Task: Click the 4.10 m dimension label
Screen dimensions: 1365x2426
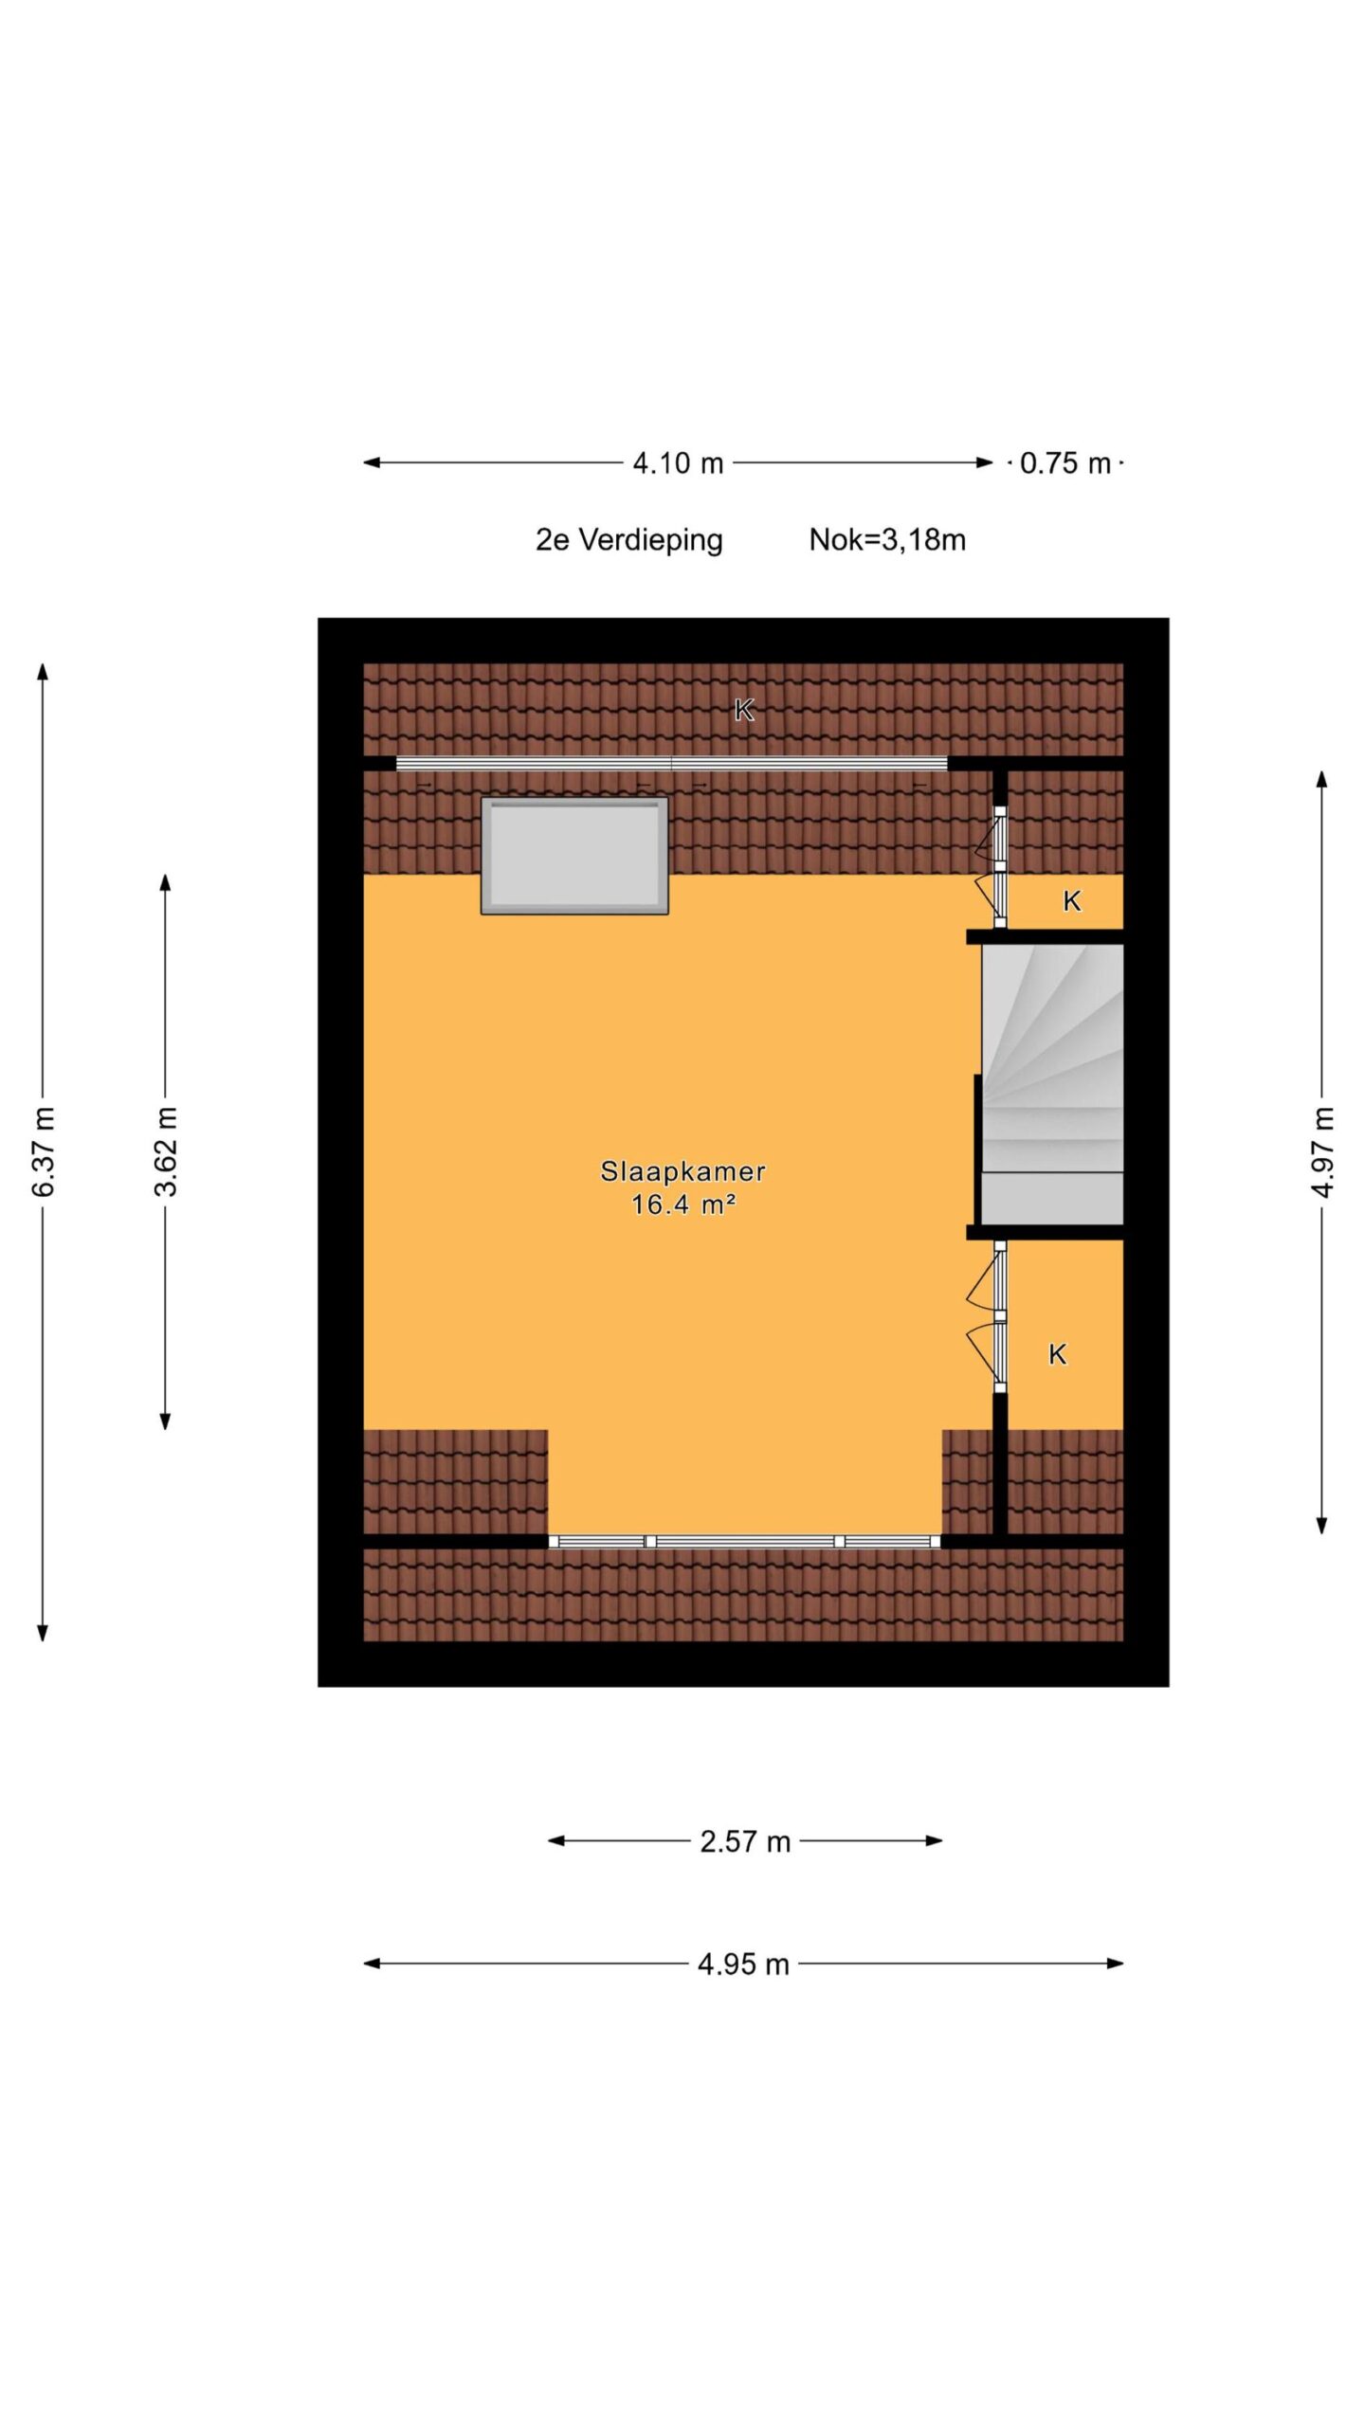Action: coord(678,463)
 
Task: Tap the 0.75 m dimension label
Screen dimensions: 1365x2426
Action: coord(1065,463)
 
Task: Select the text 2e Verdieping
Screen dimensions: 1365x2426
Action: coord(628,540)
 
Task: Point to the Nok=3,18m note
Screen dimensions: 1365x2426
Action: coord(887,540)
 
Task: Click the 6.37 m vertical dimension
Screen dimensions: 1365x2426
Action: coord(44,1150)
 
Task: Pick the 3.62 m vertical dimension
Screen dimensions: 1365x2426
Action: coord(166,1150)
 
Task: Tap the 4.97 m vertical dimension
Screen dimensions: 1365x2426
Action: coord(1322,1151)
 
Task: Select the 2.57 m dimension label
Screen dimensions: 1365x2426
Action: coord(745,1840)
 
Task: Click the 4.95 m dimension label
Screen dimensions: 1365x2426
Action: coord(743,1964)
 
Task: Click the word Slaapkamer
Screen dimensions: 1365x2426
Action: coord(682,1171)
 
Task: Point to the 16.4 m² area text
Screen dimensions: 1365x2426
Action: coord(683,1204)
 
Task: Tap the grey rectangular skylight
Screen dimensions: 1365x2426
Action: coord(574,856)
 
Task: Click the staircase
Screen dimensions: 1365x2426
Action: coord(1052,1084)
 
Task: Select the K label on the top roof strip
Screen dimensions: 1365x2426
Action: coord(744,709)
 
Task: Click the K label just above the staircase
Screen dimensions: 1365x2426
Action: coord(1072,901)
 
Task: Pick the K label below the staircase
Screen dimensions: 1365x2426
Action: coord(1058,1355)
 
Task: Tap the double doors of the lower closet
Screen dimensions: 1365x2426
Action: coord(991,1318)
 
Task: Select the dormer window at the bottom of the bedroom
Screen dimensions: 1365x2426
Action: coord(744,1542)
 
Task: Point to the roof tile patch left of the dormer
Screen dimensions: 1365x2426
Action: coord(456,1481)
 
